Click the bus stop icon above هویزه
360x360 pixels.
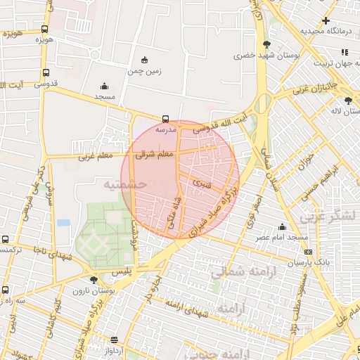click(45, 29)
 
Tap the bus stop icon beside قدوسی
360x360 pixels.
click(46, 72)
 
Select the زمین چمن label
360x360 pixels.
click(145, 71)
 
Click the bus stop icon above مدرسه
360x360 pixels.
click(165, 119)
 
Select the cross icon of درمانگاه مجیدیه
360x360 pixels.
click(325, 20)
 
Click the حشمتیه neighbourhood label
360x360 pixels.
click(125, 184)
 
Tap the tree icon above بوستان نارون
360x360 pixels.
click(94, 280)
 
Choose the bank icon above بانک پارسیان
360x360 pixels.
click(308, 252)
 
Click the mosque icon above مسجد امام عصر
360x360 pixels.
click(282, 226)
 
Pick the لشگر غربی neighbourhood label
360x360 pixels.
click(328, 217)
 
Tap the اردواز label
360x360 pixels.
click(114, 349)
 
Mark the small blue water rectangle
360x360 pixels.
click(64, 222)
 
